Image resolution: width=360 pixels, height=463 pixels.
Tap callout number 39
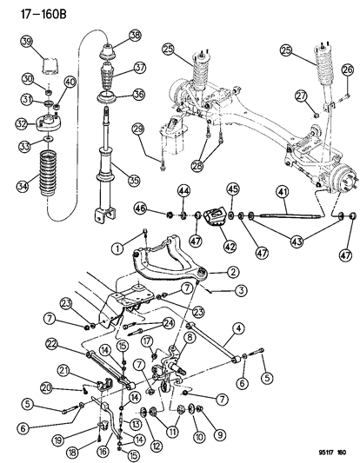[26, 43]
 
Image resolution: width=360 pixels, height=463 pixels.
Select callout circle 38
[134, 36]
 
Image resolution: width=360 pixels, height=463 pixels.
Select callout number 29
[137, 129]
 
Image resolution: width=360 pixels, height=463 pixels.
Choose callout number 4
[239, 327]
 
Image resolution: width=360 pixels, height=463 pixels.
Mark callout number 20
[70, 387]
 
